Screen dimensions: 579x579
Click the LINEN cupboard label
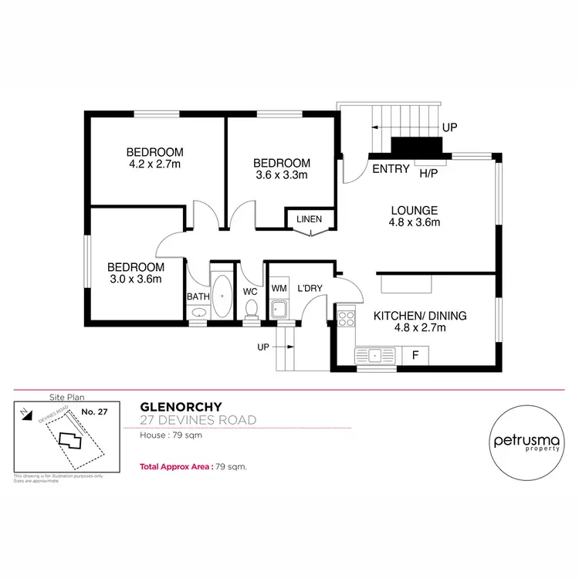coord(310,219)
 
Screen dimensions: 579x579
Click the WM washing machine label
coord(279,289)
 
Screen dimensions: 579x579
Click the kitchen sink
coord(375,355)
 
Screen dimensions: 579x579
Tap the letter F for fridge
coord(415,355)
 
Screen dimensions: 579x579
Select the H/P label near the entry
coord(428,174)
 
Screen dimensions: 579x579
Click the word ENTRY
coord(391,169)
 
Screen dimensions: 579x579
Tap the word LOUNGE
coord(414,210)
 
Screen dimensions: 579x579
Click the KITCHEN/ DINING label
coord(421,315)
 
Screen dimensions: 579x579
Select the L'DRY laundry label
coord(309,289)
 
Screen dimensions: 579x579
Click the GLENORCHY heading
coord(181,407)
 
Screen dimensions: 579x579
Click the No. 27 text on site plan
coord(93,412)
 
